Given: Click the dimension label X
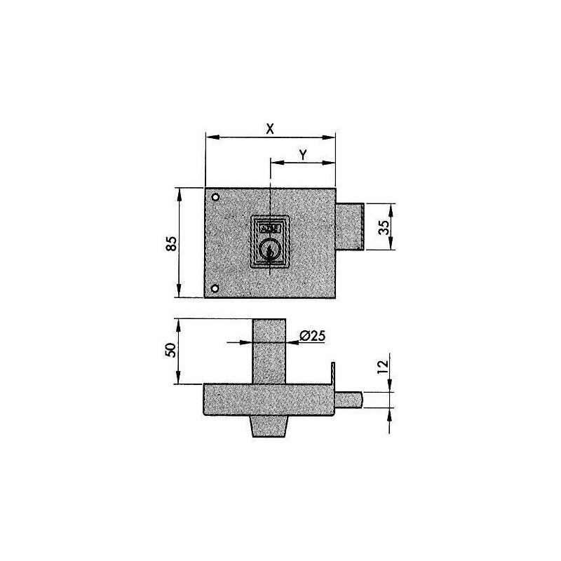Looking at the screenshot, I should pos(269,128).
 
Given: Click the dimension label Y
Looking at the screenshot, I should pos(302,155).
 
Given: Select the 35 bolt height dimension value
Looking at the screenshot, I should pos(383,229).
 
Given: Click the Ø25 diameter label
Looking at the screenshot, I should pos(311,336).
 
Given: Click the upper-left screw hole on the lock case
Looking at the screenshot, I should pos(216,196).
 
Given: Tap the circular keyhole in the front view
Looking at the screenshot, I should pos(269,249).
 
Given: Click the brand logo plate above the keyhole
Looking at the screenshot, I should pos(269,228).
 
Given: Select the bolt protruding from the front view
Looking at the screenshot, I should pos(350,227).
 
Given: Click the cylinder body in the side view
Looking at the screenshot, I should pos(269,351).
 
